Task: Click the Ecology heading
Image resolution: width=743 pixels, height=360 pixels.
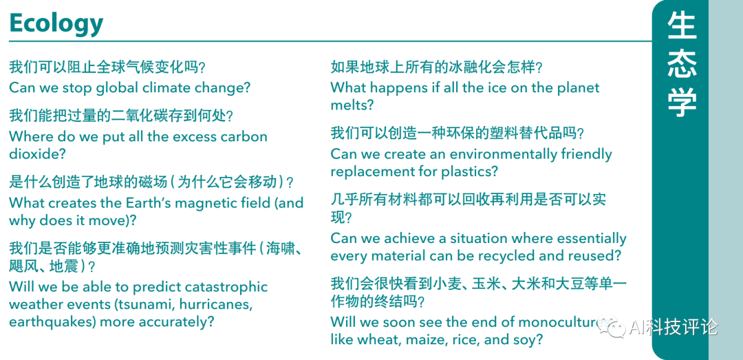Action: pyautogui.click(x=56, y=24)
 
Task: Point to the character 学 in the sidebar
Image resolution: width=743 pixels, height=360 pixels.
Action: pyautogui.click(x=681, y=102)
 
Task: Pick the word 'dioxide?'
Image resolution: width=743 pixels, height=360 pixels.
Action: pyautogui.click(x=36, y=154)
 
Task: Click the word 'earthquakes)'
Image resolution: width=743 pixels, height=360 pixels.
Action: pyautogui.click(x=51, y=321)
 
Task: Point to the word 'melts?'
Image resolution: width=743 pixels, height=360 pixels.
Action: pyautogui.click(x=352, y=105)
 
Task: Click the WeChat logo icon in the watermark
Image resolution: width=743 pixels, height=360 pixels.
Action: pyautogui.click(x=612, y=326)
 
